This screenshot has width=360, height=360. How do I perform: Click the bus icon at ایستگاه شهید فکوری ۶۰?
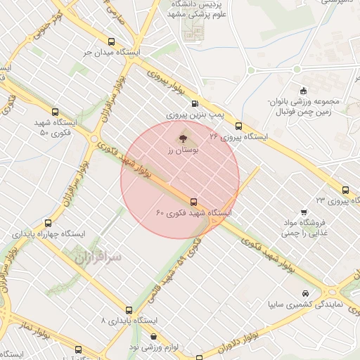coord(194,200)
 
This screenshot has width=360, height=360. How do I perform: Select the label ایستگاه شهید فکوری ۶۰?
coord(194,212)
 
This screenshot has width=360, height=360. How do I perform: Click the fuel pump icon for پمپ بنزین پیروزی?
coord(205,101)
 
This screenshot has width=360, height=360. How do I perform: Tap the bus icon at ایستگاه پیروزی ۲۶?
coord(238,126)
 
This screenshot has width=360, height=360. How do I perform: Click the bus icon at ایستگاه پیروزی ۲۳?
coord(345,190)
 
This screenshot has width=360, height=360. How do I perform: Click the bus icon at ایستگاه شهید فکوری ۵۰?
coord(56,111)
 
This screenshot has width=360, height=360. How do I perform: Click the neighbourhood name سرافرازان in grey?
coord(98,258)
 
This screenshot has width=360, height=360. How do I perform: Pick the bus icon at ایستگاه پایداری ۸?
coord(128,309)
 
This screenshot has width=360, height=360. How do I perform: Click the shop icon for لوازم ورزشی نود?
coord(153,337)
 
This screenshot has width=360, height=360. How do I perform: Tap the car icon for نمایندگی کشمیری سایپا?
coord(304,293)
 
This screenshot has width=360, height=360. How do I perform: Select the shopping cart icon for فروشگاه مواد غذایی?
coord(303,212)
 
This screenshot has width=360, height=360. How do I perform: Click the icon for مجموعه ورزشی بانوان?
coord(303,90)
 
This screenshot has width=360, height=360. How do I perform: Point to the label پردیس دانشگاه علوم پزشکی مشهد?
coord(192,10)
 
